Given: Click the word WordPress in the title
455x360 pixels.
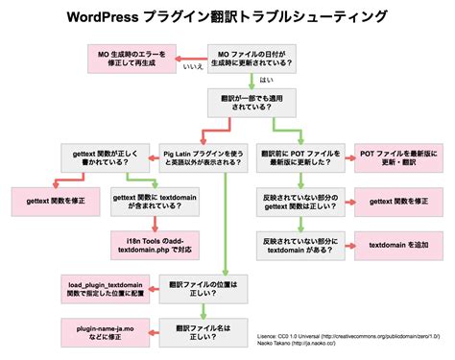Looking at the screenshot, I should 101,17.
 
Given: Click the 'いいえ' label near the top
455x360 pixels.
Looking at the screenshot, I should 193,69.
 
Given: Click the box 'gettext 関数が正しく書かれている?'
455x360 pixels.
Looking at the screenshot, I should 102,156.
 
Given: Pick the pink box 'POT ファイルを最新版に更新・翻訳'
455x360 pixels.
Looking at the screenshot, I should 398,156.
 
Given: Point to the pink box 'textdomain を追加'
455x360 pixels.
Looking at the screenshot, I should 398,245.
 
